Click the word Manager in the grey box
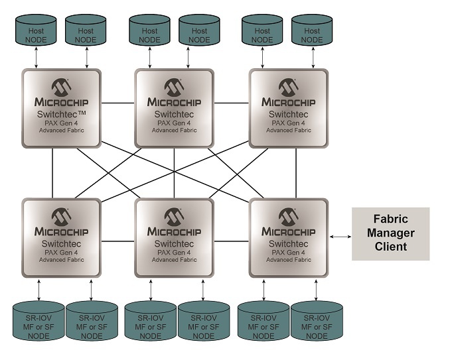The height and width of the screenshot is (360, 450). [390, 233]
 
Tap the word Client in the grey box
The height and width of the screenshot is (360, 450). [390, 247]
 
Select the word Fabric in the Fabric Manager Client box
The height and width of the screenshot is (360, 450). [390, 219]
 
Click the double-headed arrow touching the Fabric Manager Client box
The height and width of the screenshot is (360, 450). [340, 237]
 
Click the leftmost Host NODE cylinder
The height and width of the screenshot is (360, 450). [36, 30]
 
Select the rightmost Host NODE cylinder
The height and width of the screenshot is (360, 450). [312, 30]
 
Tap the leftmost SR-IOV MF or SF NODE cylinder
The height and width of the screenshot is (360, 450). [38, 321]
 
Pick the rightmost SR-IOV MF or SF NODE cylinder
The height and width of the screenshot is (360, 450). [317, 321]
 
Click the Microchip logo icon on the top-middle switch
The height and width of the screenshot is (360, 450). [174, 88]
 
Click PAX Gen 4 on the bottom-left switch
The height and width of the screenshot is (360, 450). [61, 253]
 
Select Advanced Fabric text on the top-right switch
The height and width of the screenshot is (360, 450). [289, 130]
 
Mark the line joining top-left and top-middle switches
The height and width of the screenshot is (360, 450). [117, 103]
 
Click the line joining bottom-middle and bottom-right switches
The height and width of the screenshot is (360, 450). [232, 241]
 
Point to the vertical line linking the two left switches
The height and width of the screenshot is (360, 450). [52, 173]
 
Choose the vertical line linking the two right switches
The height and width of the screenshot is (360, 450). [296, 173]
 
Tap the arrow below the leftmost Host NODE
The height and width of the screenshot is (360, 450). [36, 58]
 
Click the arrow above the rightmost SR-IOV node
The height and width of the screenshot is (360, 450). [316, 290]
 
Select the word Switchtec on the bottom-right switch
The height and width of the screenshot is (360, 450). [289, 243]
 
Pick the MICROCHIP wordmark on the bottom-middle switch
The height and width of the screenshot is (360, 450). [174, 231]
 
